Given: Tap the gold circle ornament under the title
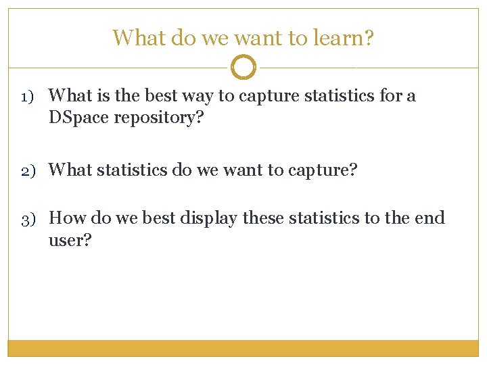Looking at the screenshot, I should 243,68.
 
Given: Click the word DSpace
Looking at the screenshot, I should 78,118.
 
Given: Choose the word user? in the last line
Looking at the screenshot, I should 69,240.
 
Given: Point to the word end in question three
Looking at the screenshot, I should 430,218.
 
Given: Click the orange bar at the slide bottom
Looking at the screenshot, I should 243,347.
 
